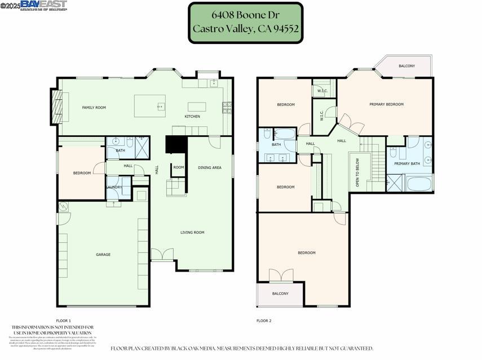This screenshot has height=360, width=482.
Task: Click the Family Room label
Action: [x=94, y=107]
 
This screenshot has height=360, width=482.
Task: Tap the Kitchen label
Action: [x=192, y=117]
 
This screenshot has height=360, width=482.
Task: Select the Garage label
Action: [x=103, y=255]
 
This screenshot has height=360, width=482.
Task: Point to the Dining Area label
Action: [x=209, y=167]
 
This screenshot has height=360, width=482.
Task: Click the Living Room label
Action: [x=192, y=232]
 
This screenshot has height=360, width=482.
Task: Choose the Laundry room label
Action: [x=114, y=187]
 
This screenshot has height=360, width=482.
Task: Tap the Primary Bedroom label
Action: [x=386, y=104]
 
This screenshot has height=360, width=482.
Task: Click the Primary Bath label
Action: [x=407, y=163]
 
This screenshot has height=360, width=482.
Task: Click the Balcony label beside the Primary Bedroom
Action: [x=406, y=66]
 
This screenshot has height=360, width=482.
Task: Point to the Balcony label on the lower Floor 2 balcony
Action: [x=280, y=294]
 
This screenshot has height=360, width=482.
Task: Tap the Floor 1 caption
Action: [x=64, y=321]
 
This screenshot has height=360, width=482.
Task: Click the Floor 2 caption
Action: [x=264, y=321]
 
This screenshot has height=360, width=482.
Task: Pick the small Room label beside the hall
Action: [x=178, y=167]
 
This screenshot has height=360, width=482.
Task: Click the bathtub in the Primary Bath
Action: [x=419, y=184]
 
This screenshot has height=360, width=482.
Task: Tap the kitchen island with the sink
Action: [x=150, y=105]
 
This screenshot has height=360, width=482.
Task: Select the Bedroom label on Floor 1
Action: [x=82, y=173]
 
